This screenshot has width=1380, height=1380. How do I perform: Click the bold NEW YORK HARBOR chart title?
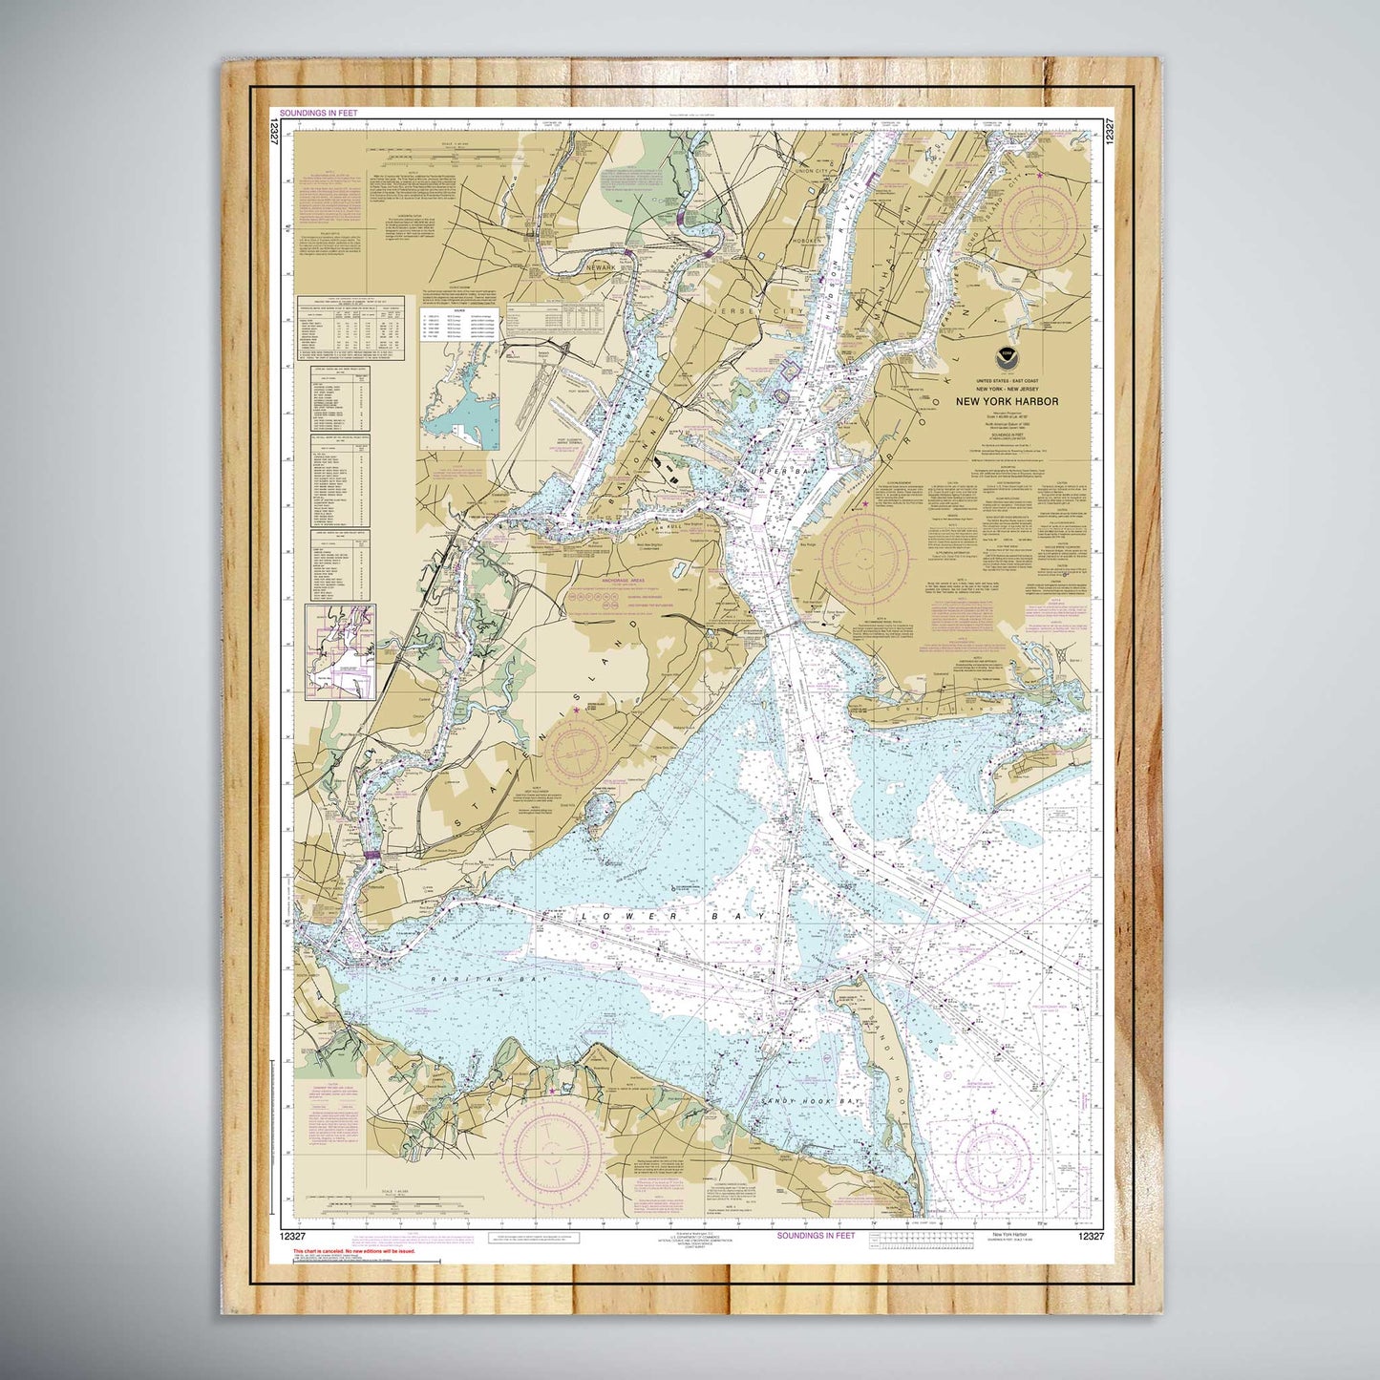click(1007, 402)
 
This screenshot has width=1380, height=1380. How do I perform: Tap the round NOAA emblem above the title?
click(1006, 360)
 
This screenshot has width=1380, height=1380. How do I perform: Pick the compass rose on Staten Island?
click(576, 751)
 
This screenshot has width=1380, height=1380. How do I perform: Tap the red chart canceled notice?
click(353, 1250)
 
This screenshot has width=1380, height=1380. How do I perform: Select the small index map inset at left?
click(340, 651)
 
